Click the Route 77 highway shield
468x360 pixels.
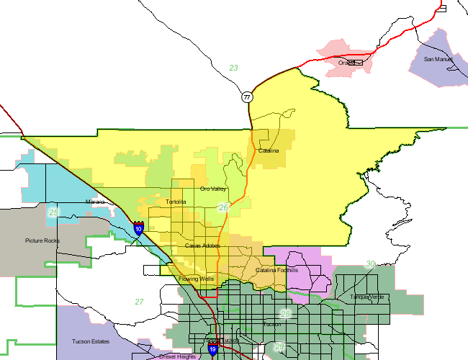tap(247, 96)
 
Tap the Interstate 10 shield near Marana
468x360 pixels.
tap(138, 228)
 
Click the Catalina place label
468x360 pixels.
tap(269, 150)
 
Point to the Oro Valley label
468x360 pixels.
tap(213, 189)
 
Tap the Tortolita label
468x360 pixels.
tap(176, 202)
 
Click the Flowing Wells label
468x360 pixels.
tap(197, 278)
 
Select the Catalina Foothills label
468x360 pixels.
tap(276, 270)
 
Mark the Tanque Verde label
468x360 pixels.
tap(364, 297)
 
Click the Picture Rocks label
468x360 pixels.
tap(42, 240)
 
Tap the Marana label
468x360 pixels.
tap(95, 202)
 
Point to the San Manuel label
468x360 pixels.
tap(438, 59)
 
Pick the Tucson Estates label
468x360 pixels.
tap(90, 341)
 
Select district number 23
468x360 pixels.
tap(233, 68)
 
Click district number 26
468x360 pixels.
tap(223, 207)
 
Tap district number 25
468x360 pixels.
tap(53, 213)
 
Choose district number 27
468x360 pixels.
tap(139, 302)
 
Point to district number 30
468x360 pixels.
tap(371, 264)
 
